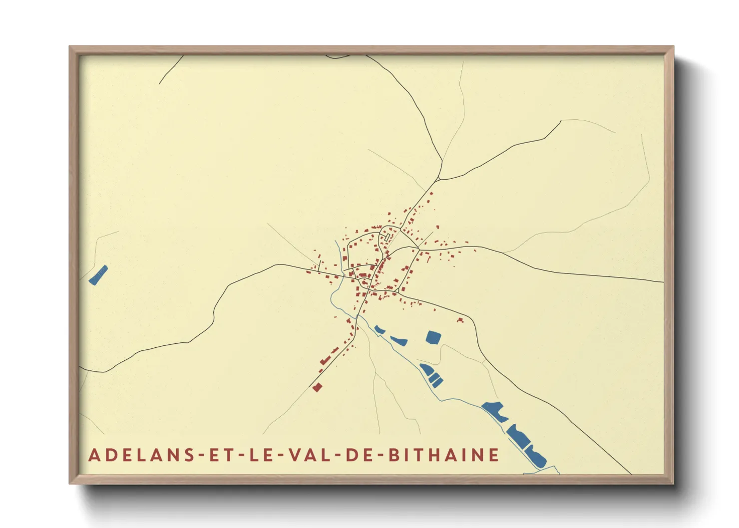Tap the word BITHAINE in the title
pyautogui.click(x=444, y=455)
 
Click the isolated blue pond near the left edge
pyautogui.click(x=98, y=275)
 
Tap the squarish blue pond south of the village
pyautogui.click(x=433, y=337)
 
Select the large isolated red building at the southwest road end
pyautogui.click(x=317, y=387)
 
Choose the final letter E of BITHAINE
pyautogui.click(x=494, y=455)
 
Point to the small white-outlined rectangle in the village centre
pyautogui.click(x=387, y=237)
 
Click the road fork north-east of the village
pyautogui.click(x=439, y=179)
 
